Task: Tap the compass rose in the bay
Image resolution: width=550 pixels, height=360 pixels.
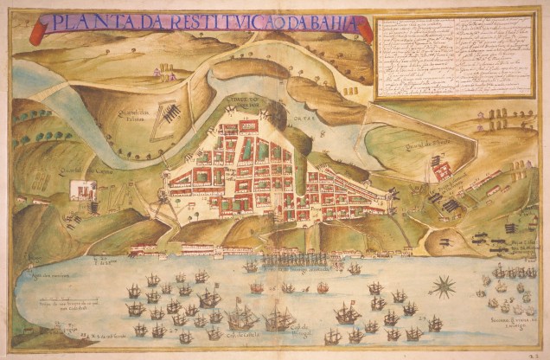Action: (x=444, y=286)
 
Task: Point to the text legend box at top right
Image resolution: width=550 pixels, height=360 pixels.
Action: (x=457, y=55)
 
